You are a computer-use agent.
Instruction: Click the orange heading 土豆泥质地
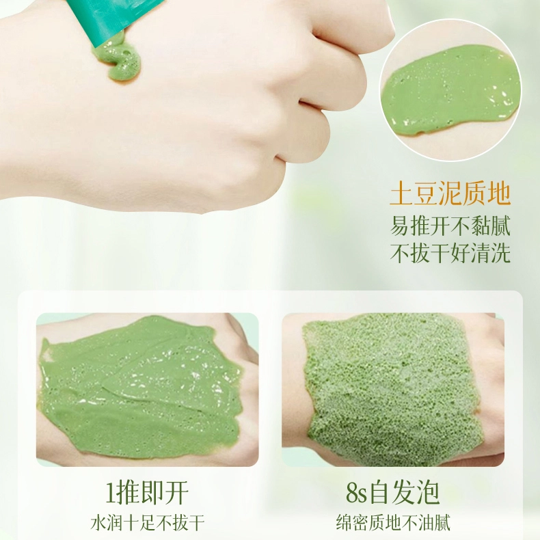tap(450, 195)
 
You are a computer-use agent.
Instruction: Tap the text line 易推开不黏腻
tap(450, 226)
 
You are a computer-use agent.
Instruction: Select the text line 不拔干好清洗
tap(450, 253)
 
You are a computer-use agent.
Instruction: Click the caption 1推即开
tap(147, 493)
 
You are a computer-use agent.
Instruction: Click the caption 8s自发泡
tap(393, 493)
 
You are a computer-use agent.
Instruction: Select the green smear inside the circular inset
tap(450, 91)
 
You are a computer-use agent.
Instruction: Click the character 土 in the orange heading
tap(401, 195)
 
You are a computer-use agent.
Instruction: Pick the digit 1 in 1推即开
tap(111, 494)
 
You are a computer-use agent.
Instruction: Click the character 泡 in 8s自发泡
tap(428, 493)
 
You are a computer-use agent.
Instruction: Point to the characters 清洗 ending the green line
tap(490, 253)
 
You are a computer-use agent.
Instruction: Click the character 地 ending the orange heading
tap(499, 195)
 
